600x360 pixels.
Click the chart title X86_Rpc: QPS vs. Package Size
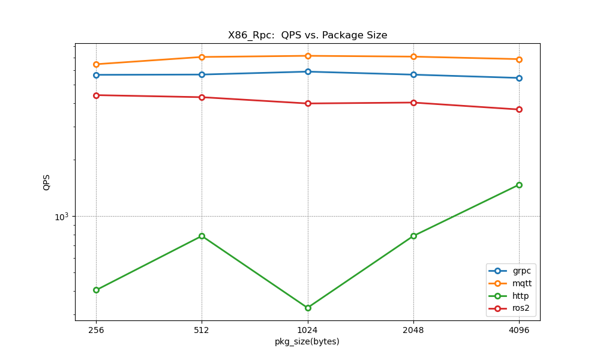coord(307,35)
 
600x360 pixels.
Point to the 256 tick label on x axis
coord(96,330)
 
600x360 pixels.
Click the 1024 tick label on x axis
coord(307,330)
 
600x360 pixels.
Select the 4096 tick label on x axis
coord(519,330)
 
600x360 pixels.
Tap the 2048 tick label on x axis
coord(413,330)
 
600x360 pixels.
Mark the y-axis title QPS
coord(47,182)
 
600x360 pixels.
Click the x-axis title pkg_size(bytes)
coord(307,342)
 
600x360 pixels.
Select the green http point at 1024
coord(308,308)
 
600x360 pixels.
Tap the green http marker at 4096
coord(519,185)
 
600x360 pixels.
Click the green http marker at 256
coord(96,290)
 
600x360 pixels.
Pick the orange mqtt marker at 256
coord(96,64)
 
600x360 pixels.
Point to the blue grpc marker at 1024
coord(308,71)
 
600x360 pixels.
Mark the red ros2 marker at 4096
coord(519,109)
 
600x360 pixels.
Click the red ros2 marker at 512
coord(202,97)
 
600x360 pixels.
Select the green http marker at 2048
coord(413,236)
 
